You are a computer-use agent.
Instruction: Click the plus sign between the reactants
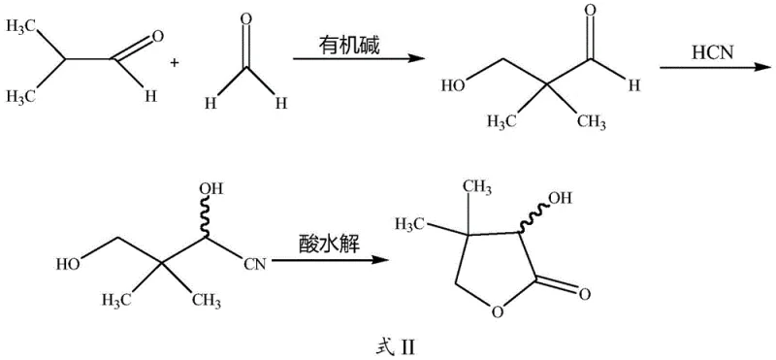176,63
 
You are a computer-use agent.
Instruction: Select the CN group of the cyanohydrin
254,262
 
